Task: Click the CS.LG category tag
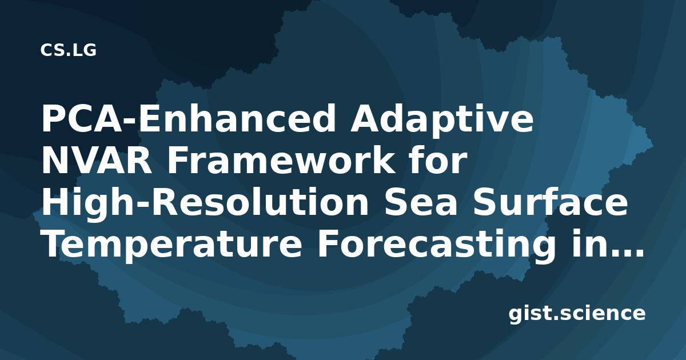point(68,50)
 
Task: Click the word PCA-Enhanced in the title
point(188,118)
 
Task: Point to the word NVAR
point(97,161)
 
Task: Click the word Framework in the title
point(281,160)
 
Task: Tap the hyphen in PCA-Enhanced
point(130,122)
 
